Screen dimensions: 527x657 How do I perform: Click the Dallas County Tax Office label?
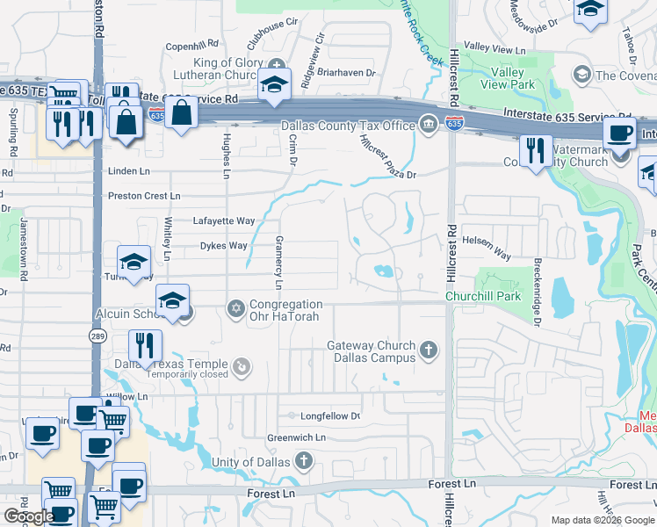tap(348, 126)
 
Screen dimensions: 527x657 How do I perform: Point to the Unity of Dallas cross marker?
tap(303, 460)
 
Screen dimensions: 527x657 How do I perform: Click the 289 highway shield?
tap(97, 336)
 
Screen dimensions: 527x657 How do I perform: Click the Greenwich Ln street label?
tap(297, 437)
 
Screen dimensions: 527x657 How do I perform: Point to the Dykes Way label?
tap(224, 246)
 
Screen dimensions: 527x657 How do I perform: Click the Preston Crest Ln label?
tap(144, 195)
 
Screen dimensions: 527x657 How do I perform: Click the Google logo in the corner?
tap(29, 516)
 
